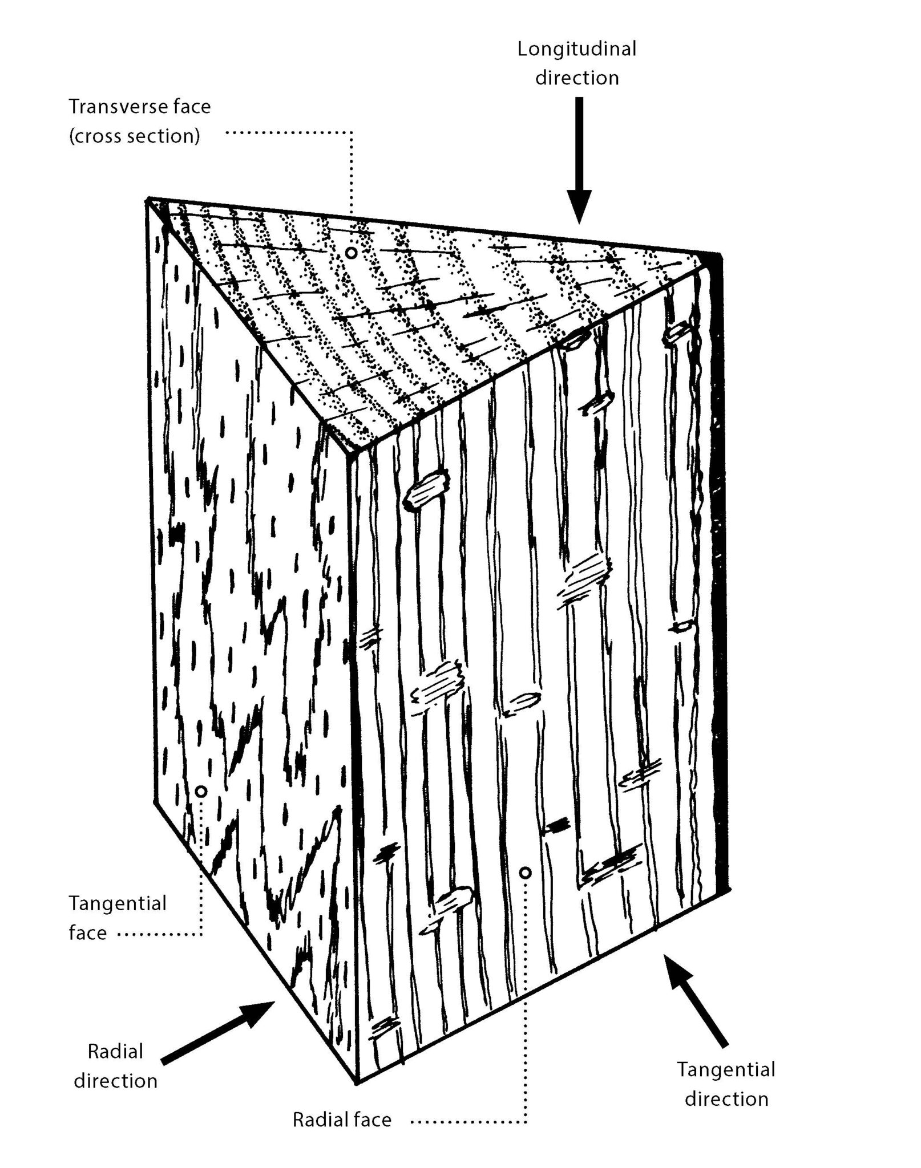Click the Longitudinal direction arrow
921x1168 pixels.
click(x=579, y=160)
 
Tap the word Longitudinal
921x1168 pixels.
click(x=576, y=50)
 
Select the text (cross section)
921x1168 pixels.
click(x=135, y=136)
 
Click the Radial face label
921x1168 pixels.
click(x=342, y=1120)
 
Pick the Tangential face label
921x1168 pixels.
click(x=117, y=918)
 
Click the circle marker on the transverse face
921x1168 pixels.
click(x=352, y=252)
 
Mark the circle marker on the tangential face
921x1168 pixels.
click(x=201, y=792)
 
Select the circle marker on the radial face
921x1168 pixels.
click(x=526, y=873)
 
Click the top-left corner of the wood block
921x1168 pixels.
click(x=148, y=199)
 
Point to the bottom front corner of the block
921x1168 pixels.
click(x=356, y=1082)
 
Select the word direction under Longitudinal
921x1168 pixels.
click(x=576, y=78)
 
